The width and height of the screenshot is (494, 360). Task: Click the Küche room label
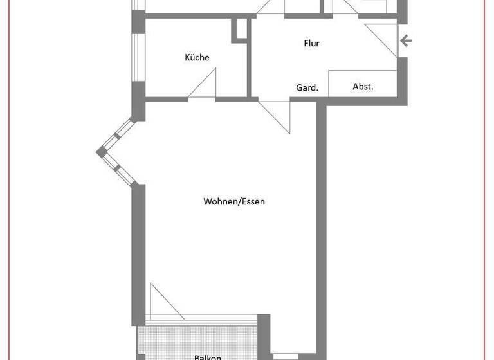click(x=197, y=58)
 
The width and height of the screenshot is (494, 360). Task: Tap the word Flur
click(x=311, y=44)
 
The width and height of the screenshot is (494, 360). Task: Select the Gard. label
click(x=307, y=87)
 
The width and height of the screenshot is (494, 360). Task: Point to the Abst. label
click(x=363, y=86)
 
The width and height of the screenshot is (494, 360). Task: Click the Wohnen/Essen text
click(x=234, y=201)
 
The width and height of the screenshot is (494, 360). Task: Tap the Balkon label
click(x=208, y=357)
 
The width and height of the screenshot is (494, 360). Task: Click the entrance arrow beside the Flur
click(x=406, y=42)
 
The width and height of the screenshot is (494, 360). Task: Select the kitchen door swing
click(x=205, y=86)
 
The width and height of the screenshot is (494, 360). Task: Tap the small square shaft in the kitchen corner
click(x=240, y=30)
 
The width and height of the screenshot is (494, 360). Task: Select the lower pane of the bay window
click(x=118, y=168)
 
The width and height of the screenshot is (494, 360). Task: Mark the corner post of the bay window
click(x=101, y=152)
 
